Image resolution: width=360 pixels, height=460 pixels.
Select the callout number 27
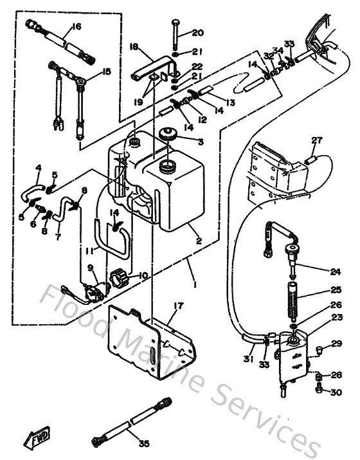point(316,140)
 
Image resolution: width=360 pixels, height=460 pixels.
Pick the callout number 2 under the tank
point(199,241)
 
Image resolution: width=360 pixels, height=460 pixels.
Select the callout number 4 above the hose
point(38,168)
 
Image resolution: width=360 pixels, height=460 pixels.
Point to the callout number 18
point(134,46)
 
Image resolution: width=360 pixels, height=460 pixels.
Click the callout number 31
point(247,359)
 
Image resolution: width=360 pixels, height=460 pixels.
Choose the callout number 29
point(337,346)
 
